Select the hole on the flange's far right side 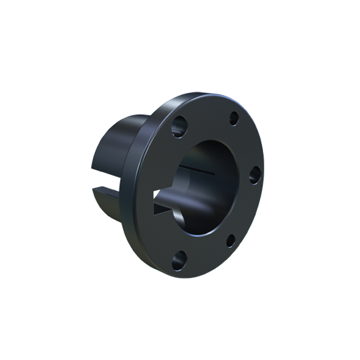(253, 174)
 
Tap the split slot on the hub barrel (108, 191)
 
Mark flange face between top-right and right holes (247, 144)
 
